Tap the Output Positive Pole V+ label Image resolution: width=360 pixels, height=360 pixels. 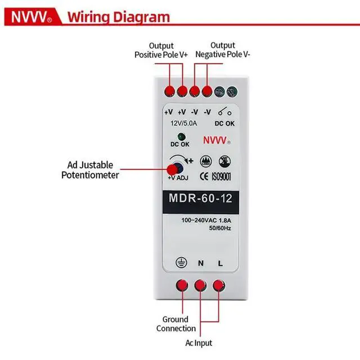click(161, 50)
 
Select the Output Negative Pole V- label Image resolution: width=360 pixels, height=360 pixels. click(222, 50)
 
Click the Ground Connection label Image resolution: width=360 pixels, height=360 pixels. click(176, 323)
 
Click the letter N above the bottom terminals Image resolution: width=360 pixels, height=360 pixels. click(200, 263)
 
